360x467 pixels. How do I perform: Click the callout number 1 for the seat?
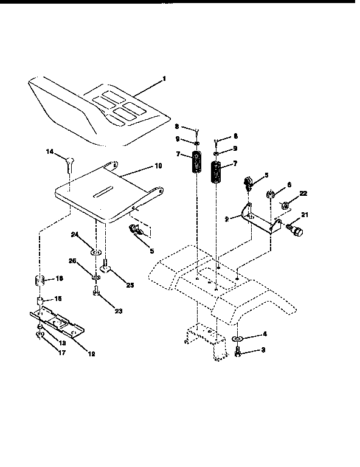(x=162, y=78)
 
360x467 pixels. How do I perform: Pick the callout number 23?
(x=118, y=311)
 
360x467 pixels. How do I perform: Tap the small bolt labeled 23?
(x=97, y=292)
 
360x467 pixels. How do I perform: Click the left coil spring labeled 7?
(x=197, y=163)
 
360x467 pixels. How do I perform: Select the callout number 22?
(x=303, y=193)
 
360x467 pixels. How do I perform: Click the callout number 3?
(x=263, y=350)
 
